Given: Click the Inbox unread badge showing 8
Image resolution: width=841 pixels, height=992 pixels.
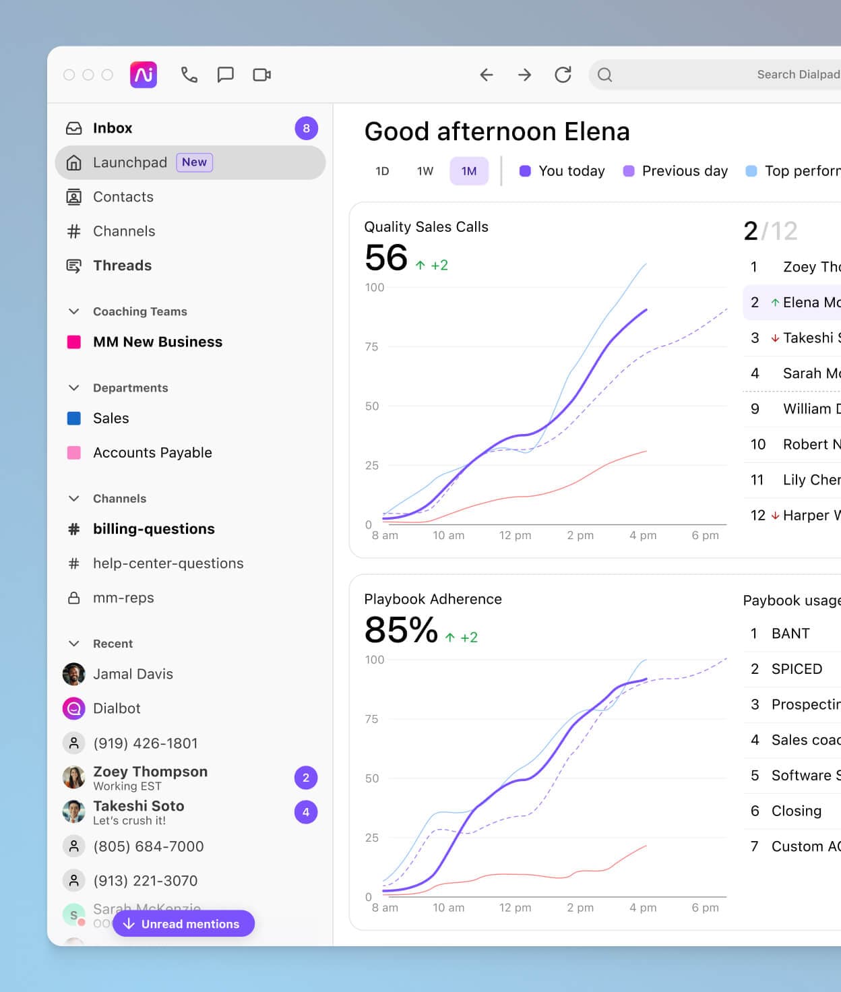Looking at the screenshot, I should (x=306, y=128).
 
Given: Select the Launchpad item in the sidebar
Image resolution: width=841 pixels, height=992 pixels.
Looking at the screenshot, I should (x=129, y=162).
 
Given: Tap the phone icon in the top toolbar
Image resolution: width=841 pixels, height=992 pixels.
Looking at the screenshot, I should (x=189, y=75).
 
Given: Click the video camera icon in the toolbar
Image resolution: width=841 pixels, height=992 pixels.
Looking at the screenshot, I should (x=261, y=75).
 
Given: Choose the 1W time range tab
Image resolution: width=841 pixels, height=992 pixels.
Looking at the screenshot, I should (x=425, y=171).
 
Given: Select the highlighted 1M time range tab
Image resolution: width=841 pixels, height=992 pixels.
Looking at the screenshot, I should (x=469, y=171).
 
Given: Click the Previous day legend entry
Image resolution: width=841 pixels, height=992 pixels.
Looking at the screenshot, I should (x=676, y=171).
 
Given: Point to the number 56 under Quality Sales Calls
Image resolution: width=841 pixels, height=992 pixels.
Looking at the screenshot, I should (x=386, y=257).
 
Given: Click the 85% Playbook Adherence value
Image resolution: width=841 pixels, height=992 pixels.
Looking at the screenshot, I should (x=401, y=630).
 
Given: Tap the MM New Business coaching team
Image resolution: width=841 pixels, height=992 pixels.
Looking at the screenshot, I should (x=157, y=342).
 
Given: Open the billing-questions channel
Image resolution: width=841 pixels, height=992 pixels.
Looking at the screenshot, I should (x=154, y=529).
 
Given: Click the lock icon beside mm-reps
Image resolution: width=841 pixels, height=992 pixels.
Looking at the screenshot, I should (x=74, y=598).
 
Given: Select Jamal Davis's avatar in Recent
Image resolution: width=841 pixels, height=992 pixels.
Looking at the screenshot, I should (x=74, y=674).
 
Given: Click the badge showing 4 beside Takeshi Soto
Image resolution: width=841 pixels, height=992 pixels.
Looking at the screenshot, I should (x=306, y=812).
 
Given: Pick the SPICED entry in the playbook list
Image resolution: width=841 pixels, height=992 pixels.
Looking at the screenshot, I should (x=797, y=669).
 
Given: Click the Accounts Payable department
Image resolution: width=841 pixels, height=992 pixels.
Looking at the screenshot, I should (x=152, y=453).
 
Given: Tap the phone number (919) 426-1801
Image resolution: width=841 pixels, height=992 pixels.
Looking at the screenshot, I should (x=146, y=743).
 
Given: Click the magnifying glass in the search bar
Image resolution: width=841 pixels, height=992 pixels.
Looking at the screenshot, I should (x=604, y=75).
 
